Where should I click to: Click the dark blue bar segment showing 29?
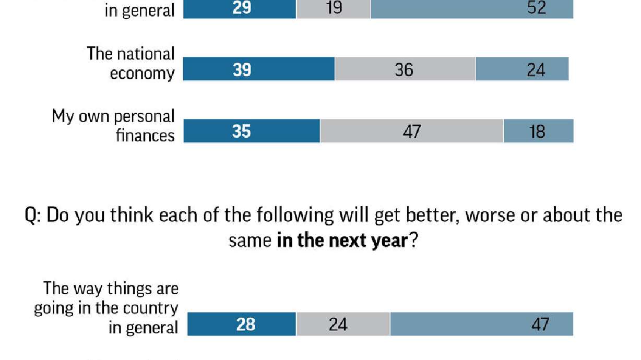point(240,9)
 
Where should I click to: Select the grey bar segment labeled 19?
point(334,9)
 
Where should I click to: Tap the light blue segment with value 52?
point(472,9)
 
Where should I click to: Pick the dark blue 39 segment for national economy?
point(259,69)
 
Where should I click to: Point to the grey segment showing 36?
point(405,69)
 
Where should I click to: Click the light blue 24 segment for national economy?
point(522,69)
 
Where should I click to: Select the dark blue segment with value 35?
point(252,131)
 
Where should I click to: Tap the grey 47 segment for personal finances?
point(412,131)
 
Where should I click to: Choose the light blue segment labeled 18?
point(538,131)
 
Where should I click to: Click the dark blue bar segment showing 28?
point(242,324)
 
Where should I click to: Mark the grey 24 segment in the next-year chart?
point(343,324)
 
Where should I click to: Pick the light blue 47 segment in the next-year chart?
point(481,324)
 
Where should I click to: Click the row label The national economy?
point(132,63)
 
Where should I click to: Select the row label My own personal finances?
point(114,125)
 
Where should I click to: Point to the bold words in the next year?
point(341,241)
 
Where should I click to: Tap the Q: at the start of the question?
point(34,215)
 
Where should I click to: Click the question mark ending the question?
point(412,241)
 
